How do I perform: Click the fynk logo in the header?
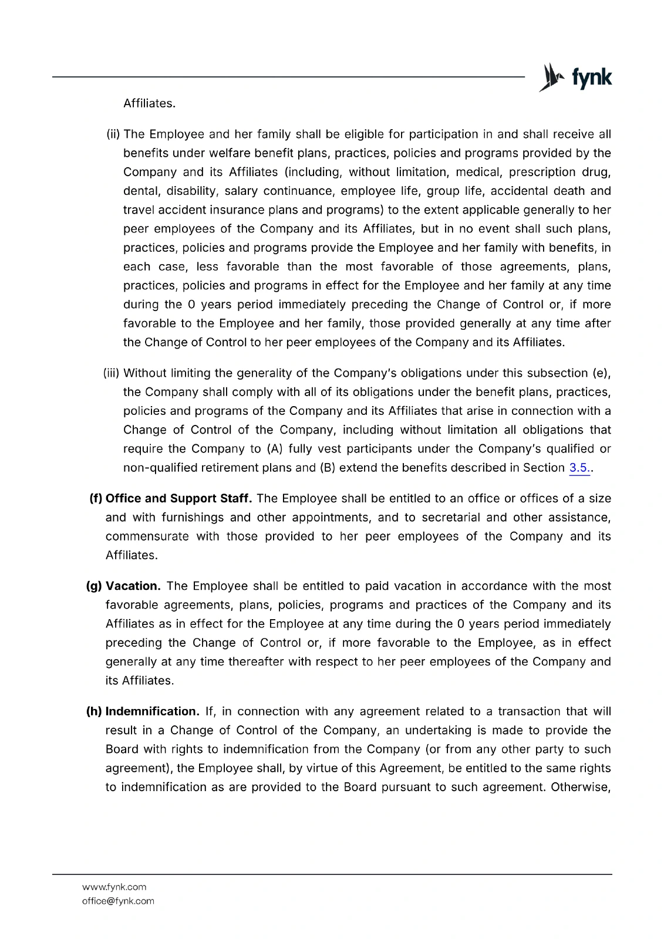click(575, 77)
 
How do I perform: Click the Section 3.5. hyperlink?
click(579, 468)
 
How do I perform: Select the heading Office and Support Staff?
click(178, 498)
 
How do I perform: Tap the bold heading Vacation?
click(133, 586)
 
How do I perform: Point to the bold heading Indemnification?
click(152, 711)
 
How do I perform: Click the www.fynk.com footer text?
click(114, 887)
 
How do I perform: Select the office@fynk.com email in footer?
click(118, 901)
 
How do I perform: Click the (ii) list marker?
click(113, 134)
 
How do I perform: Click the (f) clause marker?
click(96, 498)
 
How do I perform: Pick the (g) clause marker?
click(94, 586)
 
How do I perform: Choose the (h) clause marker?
click(94, 711)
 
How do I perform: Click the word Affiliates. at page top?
click(149, 103)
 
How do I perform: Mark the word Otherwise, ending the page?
click(580, 787)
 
